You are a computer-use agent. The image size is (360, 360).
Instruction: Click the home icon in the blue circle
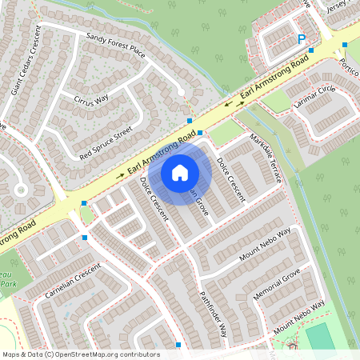tap(180, 172)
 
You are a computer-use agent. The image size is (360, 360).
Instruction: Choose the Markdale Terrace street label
tap(266, 158)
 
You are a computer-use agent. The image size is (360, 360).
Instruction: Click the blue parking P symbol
tap(302, 39)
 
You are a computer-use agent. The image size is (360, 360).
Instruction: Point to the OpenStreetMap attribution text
tap(80, 354)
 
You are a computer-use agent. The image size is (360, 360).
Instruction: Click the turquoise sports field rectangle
tap(321, 335)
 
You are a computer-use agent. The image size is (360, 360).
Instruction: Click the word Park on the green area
tap(6, 285)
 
